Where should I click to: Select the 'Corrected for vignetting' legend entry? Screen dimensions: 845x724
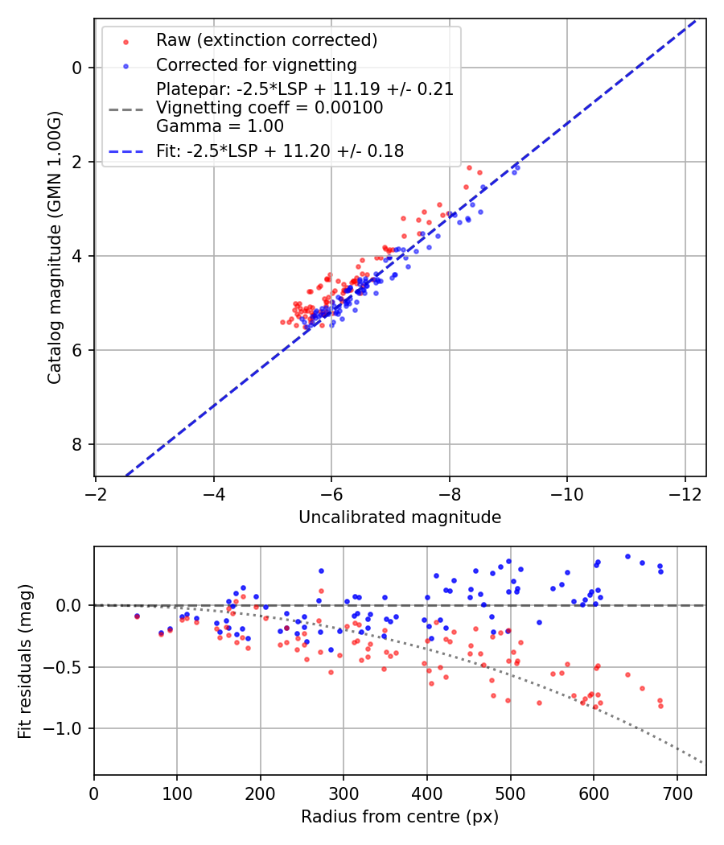coord(256,64)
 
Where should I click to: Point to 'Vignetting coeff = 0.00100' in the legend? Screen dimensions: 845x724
coord(269,108)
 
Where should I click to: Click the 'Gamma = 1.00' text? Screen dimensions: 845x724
coord(220,126)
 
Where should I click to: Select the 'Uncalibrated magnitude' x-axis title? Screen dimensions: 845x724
coord(400,517)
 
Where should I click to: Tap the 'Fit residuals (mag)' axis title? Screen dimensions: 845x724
coord(25,661)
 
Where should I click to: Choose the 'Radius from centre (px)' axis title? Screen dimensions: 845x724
coord(400,817)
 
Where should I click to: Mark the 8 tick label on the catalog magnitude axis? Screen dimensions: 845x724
coord(77,444)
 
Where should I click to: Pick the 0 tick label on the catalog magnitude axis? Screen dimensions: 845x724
coord(77,68)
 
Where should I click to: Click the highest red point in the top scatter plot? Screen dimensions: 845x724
coord(469,167)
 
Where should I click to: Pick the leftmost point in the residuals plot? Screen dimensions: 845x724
coord(137,616)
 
